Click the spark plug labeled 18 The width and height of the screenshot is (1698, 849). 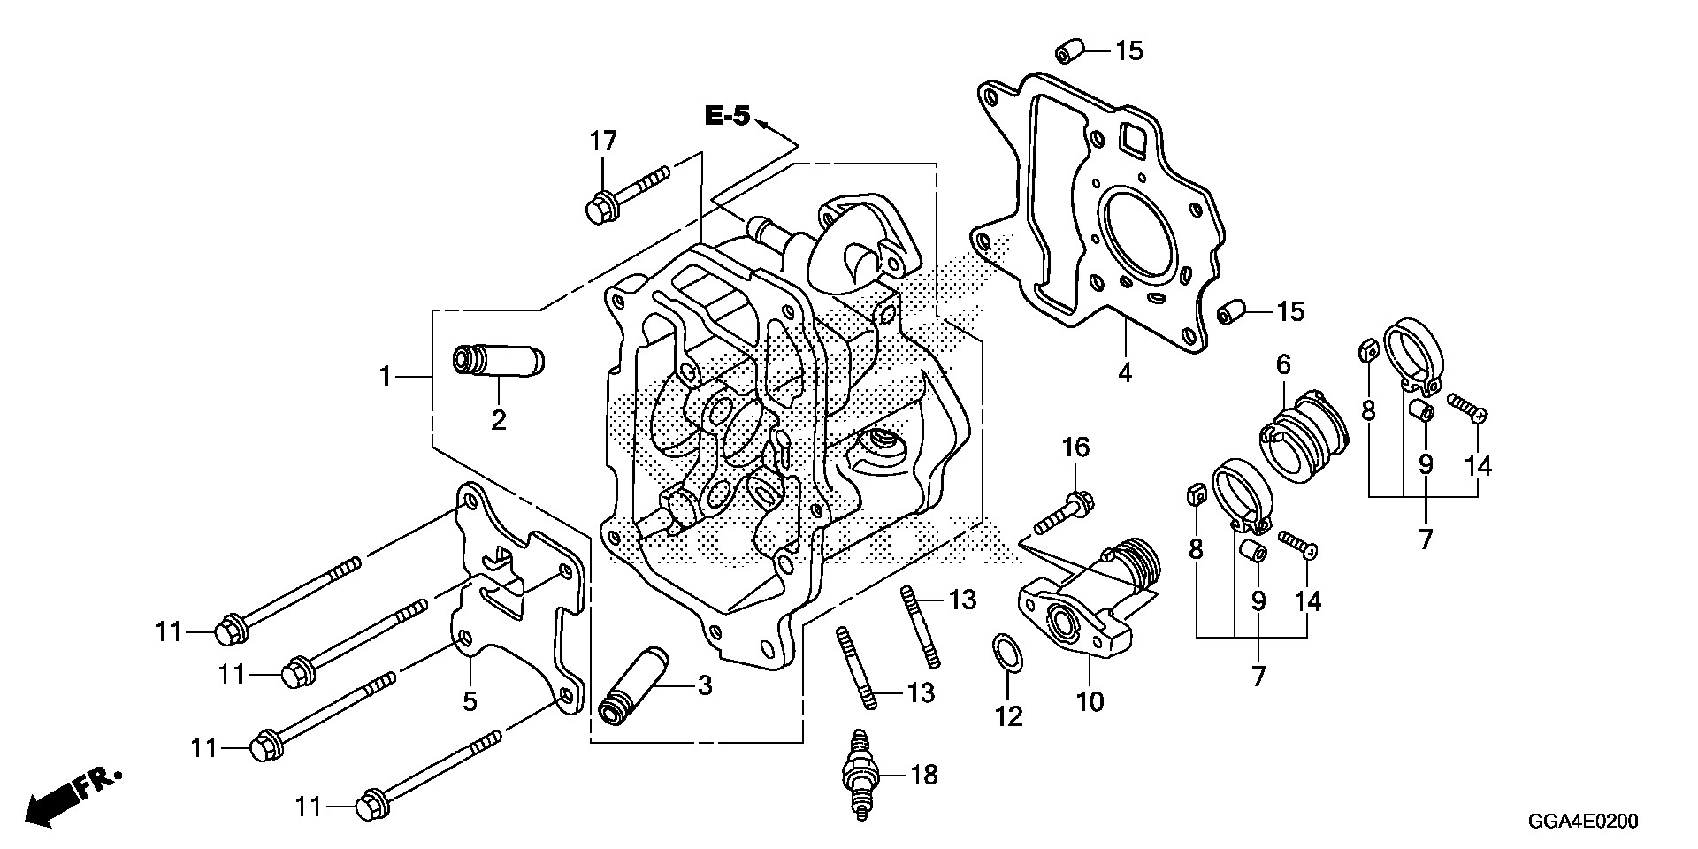tap(858, 776)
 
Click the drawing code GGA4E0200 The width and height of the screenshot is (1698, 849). tap(1586, 822)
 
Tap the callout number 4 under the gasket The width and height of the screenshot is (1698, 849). tap(1124, 372)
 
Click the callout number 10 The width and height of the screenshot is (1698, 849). tap(1090, 701)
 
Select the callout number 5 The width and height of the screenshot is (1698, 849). tap(470, 700)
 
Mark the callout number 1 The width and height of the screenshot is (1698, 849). tap(385, 377)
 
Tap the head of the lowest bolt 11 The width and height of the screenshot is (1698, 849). tap(368, 807)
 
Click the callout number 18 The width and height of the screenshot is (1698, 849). tap(923, 776)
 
